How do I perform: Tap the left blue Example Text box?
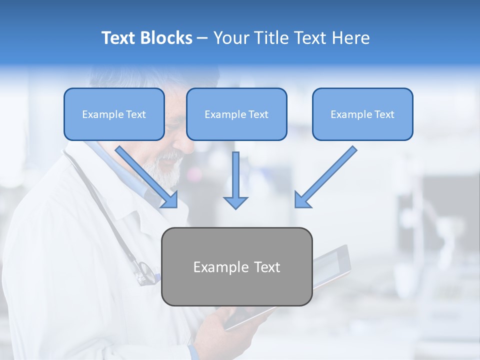pyautogui.click(x=114, y=114)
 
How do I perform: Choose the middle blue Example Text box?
pyautogui.click(x=236, y=114)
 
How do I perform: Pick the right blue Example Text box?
pyautogui.click(x=362, y=114)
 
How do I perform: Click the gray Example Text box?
pyautogui.click(x=236, y=266)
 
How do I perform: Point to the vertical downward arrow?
pyautogui.click(x=235, y=180)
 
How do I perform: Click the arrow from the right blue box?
pyautogui.click(x=325, y=177)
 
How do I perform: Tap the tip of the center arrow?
pyautogui.click(x=235, y=207)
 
